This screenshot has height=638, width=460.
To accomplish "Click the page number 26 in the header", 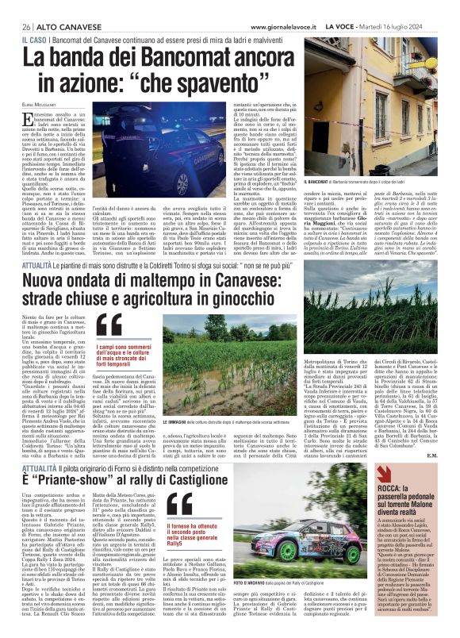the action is click(x=16, y=6).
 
